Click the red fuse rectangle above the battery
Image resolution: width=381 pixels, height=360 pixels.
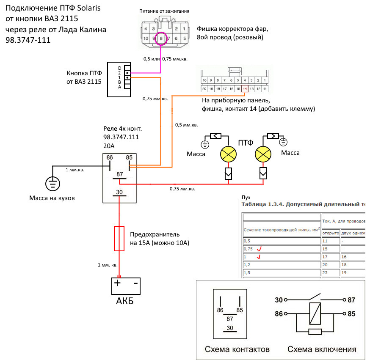point(119,239)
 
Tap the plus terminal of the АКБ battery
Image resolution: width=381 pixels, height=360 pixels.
point(117,283)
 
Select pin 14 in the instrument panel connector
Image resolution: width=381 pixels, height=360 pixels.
point(245,89)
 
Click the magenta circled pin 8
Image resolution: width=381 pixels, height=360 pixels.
point(161,38)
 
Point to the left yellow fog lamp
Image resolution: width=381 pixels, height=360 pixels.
point(228,154)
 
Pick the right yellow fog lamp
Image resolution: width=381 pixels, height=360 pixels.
point(263,154)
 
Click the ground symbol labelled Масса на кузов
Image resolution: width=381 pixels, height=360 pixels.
point(53,184)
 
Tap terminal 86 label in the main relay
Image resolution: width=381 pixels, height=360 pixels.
point(110,157)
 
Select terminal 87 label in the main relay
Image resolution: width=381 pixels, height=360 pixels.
point(119,174)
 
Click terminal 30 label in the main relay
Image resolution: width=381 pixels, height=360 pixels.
point(119,192)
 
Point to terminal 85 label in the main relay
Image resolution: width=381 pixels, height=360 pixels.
point(129,157)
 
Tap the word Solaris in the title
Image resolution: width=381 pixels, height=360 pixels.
point(89,8)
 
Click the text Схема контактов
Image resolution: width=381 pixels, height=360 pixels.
point(237,349)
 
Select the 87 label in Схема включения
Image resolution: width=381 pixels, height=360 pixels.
point(351,300)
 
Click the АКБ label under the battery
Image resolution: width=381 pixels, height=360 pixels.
point(124,301)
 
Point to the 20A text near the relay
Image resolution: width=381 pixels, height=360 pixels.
point(109,146)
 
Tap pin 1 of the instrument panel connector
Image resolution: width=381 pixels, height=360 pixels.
point(265,80)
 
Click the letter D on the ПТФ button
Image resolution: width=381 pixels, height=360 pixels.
point(119,69)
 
